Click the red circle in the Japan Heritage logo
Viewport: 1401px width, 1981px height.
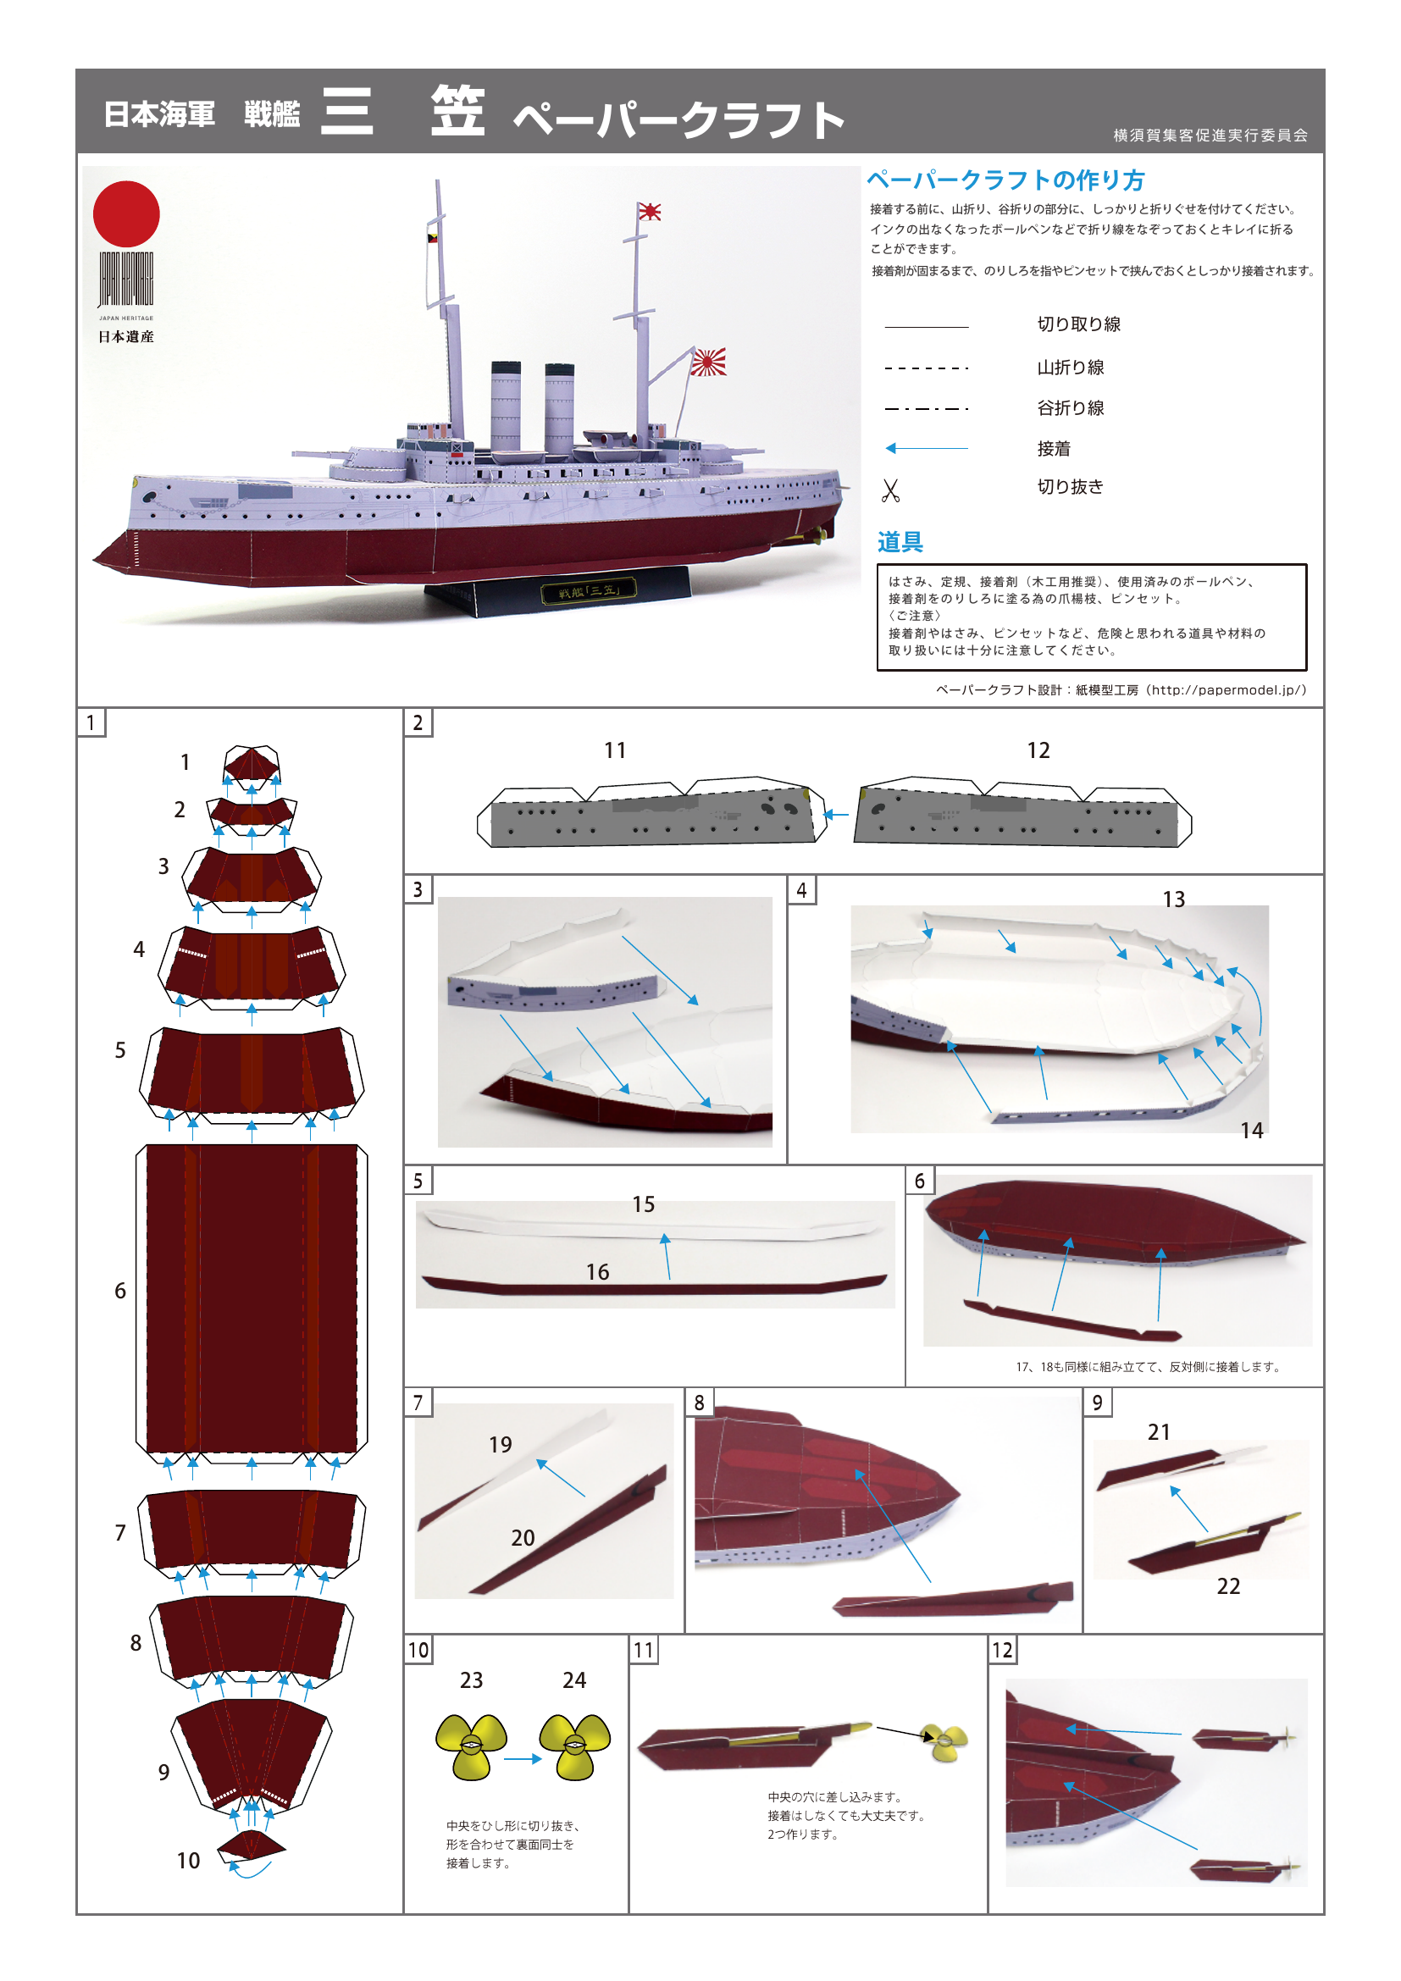126,214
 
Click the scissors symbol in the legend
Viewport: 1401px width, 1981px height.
890,490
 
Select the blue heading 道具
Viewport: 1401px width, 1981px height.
900,542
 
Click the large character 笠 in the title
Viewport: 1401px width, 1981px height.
457,112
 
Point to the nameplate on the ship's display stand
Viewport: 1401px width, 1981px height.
589,591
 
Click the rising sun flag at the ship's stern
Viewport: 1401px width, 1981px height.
708,362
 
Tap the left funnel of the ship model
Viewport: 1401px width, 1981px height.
506,406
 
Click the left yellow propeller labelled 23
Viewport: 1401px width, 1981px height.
471,1745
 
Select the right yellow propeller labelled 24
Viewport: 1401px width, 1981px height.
574,1745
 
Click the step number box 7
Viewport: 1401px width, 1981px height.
418,1402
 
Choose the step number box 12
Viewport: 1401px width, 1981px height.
1001,1650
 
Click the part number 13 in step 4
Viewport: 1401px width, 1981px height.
1173,899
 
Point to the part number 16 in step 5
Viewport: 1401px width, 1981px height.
597,1272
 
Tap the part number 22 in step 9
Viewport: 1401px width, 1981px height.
1227,1585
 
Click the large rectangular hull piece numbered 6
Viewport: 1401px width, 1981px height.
251,1298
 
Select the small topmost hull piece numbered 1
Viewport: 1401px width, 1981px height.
251,765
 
